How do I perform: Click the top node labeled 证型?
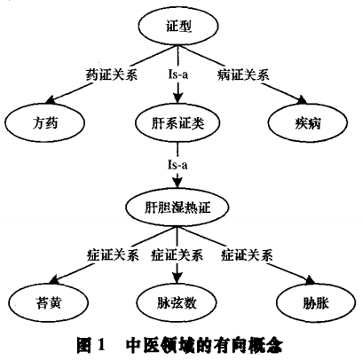179,27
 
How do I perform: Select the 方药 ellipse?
45,122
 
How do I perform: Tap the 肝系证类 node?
177,122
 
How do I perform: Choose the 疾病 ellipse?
308,122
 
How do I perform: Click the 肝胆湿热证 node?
177,207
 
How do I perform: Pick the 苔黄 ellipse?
49,302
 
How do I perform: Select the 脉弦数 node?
177,302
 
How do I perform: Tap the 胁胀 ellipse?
316,302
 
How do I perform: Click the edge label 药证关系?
112,74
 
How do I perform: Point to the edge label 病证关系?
243,74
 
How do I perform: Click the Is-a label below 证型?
177,74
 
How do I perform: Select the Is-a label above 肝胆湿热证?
177,165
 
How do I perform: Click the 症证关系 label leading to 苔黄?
113,254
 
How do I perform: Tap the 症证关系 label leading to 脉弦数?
177,254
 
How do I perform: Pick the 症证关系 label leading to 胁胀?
247,254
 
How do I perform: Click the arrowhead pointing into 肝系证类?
177,98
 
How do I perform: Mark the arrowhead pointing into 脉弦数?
177,278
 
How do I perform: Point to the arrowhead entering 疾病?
302,100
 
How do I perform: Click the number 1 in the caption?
100,345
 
